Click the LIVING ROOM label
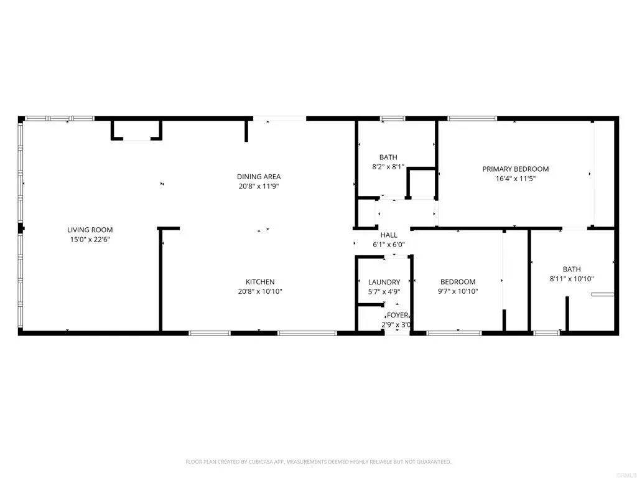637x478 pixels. [90, 230]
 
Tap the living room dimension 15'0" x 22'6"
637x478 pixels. [90, 239]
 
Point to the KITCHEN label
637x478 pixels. [259, 282]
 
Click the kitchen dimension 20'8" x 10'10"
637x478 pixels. [259, 291]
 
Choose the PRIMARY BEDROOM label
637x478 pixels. [516, 169]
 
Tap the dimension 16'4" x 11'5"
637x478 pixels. [516, 178]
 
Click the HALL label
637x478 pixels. [389, 235]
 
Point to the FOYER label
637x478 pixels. [398, 316]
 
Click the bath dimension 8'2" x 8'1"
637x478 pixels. [388, 167]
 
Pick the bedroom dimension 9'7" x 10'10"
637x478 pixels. [458, 291]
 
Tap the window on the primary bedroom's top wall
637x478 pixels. [472, 118]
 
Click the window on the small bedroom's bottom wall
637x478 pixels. [454, 333]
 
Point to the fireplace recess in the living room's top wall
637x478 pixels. [136, 131]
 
